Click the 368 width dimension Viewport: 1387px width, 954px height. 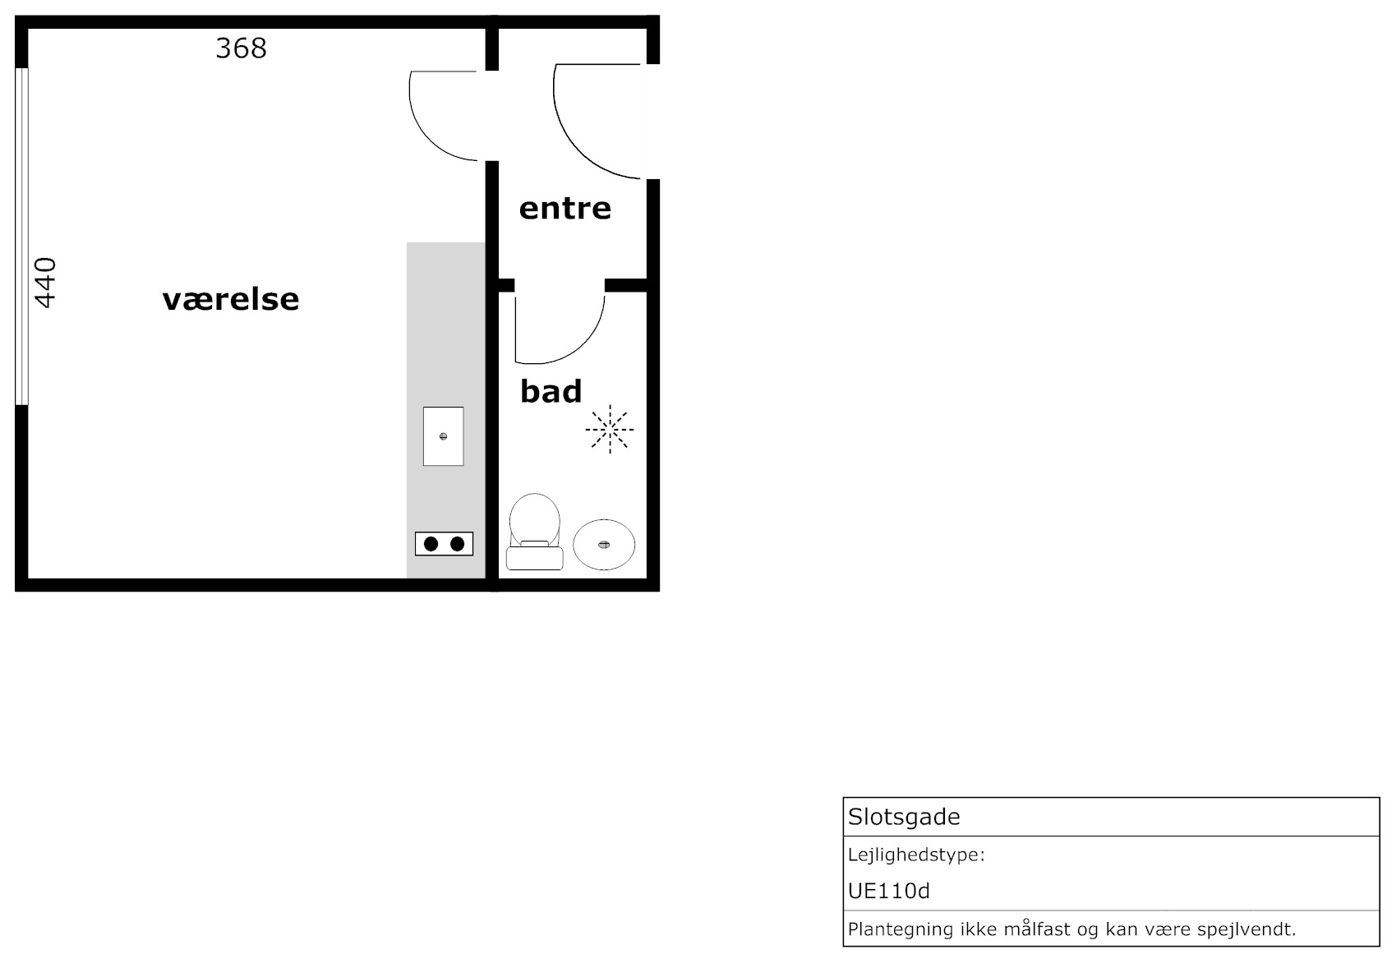241,48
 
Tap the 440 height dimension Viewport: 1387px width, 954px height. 45,283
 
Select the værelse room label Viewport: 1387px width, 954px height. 231,300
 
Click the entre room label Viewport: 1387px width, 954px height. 564,209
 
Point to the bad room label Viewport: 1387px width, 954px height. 551,391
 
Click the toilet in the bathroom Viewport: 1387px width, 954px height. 534,532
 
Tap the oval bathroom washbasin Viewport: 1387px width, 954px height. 604,545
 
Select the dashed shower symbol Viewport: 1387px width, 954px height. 610,429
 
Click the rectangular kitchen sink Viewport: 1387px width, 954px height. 444,436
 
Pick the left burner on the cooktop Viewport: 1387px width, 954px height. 431,544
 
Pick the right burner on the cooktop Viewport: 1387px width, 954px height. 458,544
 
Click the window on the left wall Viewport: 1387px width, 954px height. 21,237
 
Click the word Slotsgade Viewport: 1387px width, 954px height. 903,817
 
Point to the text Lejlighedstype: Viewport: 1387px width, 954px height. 916,855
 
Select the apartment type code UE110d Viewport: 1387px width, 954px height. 888,892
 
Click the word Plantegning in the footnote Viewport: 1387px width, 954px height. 901,930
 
